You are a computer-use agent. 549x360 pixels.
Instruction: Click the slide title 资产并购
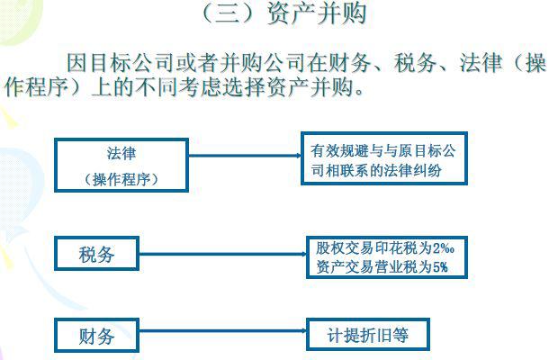[317, 13]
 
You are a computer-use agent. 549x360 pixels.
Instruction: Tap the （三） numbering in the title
[231, 13]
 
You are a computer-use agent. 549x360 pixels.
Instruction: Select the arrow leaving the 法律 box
[245, 156]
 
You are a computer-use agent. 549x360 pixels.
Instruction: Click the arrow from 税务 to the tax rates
[222, 254]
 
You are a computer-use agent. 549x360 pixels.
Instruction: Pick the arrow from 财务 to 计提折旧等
[222, 330]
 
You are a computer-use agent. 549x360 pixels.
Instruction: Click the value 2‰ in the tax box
[444, 248]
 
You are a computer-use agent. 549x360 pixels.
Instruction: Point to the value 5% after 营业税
[440, 267]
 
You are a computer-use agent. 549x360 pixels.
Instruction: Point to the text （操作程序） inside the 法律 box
[121, 179]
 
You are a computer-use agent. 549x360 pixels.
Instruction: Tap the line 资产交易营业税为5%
[382, 267]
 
